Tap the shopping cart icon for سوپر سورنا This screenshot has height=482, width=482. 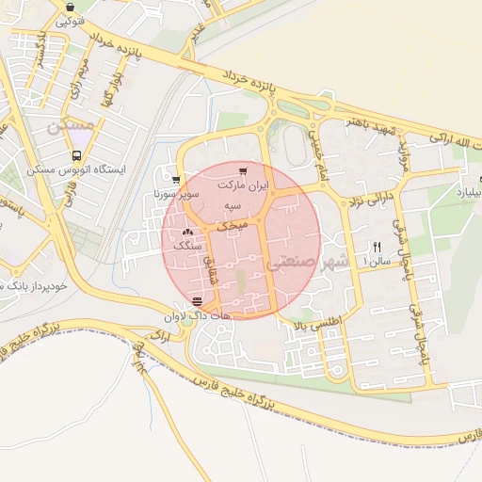coord(175,178)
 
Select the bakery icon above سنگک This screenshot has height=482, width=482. coord(187,231)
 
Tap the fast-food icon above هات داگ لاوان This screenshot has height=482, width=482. coord(197,302)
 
